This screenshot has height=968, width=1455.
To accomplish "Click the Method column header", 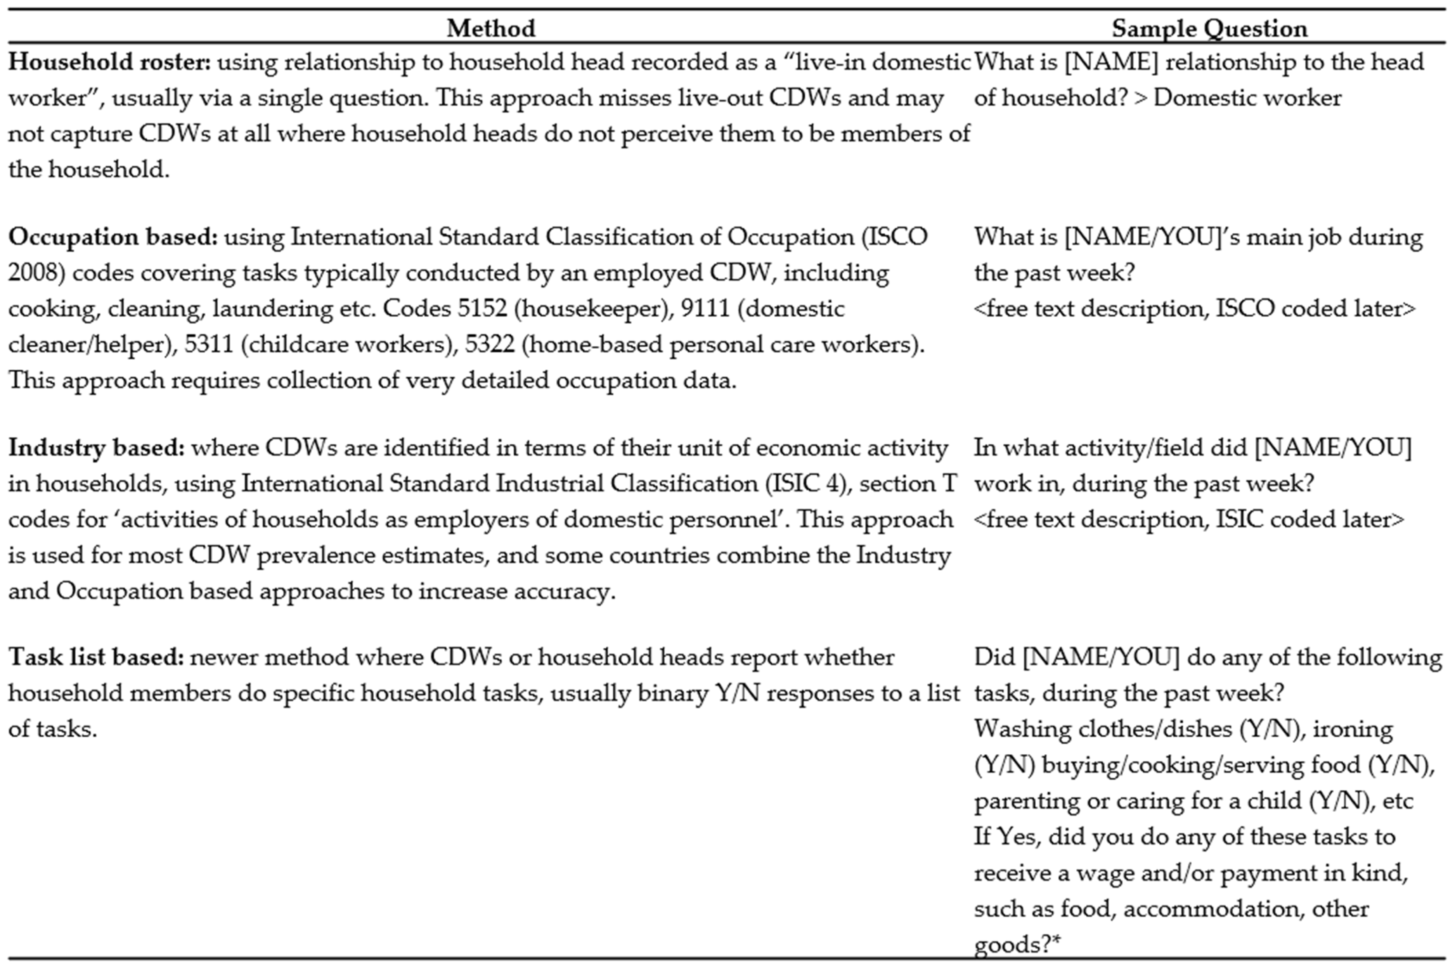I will [491, 28].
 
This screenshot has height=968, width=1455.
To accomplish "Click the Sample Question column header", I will [1209, 28].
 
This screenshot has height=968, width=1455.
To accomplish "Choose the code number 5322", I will [489, 344].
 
